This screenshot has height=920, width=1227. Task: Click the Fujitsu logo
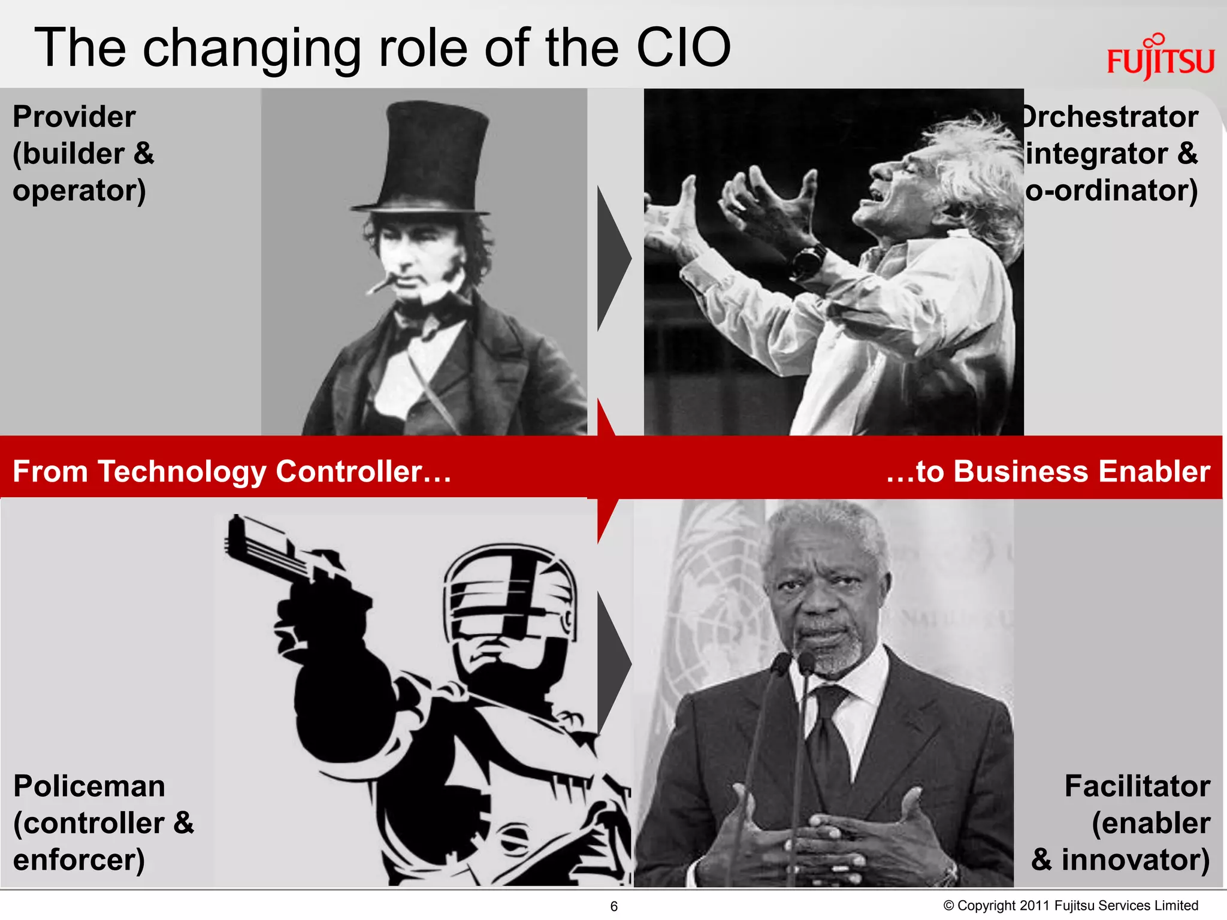click(x=1160, y=59)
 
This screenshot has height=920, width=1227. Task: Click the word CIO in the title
click(x=683, y=48)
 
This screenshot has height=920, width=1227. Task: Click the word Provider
click(x=74, y=117)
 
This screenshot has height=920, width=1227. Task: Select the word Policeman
click(x=89, y=786)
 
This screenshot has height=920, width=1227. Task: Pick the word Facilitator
click(x=1137, y=786)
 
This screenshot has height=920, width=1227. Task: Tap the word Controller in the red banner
click(x=349, y=471)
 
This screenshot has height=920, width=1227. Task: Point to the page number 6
click(x=613, y=906)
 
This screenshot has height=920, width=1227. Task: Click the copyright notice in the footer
click(x=1071, y=906)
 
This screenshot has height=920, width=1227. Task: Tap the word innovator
click(x=1135, y=860)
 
